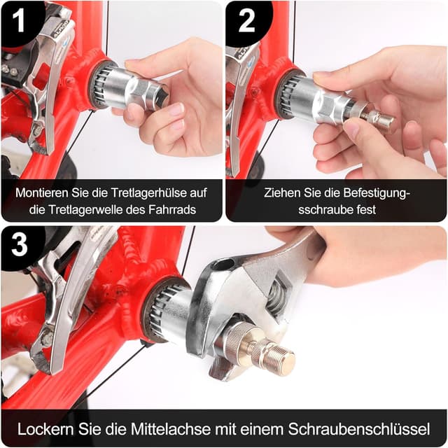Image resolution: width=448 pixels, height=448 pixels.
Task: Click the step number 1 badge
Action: pyautogui.click(x=19, y=20)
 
